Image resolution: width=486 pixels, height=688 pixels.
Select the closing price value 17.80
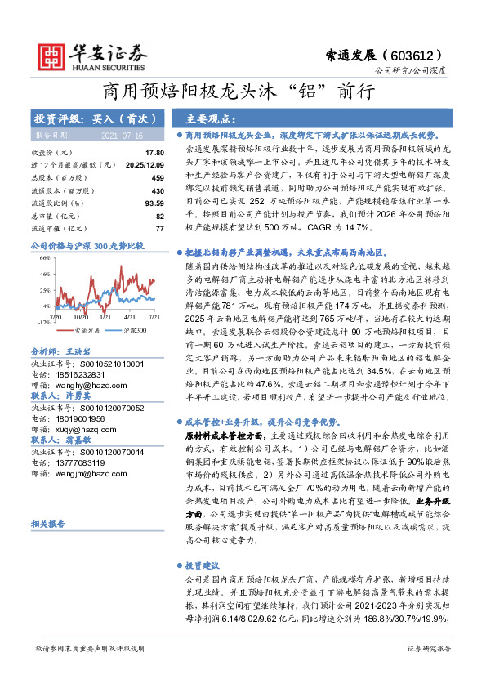pos(154,153)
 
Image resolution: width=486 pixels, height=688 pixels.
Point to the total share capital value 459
pos(158,177)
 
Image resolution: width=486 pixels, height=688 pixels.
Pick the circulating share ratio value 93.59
pos(153,203)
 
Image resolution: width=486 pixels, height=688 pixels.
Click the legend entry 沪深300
pos(136,330)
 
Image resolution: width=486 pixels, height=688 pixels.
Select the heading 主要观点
pos(211,118)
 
